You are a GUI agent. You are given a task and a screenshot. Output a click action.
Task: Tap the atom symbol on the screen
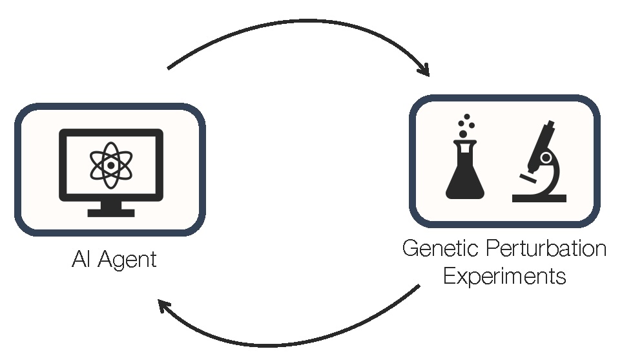click(x=111, y=165)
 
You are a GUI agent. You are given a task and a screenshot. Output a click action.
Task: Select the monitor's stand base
click(x=111, y=212)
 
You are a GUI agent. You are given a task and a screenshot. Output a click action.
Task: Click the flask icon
click(x=465, y=171)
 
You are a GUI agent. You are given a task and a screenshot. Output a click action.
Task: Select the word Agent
click(x=129, y=261)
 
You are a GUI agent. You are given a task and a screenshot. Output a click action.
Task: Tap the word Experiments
click(x=505, y=277)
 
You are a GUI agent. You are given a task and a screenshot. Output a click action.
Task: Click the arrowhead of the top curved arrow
click(x=424, y=70)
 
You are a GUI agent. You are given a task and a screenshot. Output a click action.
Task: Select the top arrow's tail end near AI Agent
click(x=169, y=67)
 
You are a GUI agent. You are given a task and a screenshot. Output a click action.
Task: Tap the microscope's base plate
click(x=539, y=198)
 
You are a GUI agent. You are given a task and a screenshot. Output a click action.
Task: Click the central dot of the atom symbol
click(x=111, y=165)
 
